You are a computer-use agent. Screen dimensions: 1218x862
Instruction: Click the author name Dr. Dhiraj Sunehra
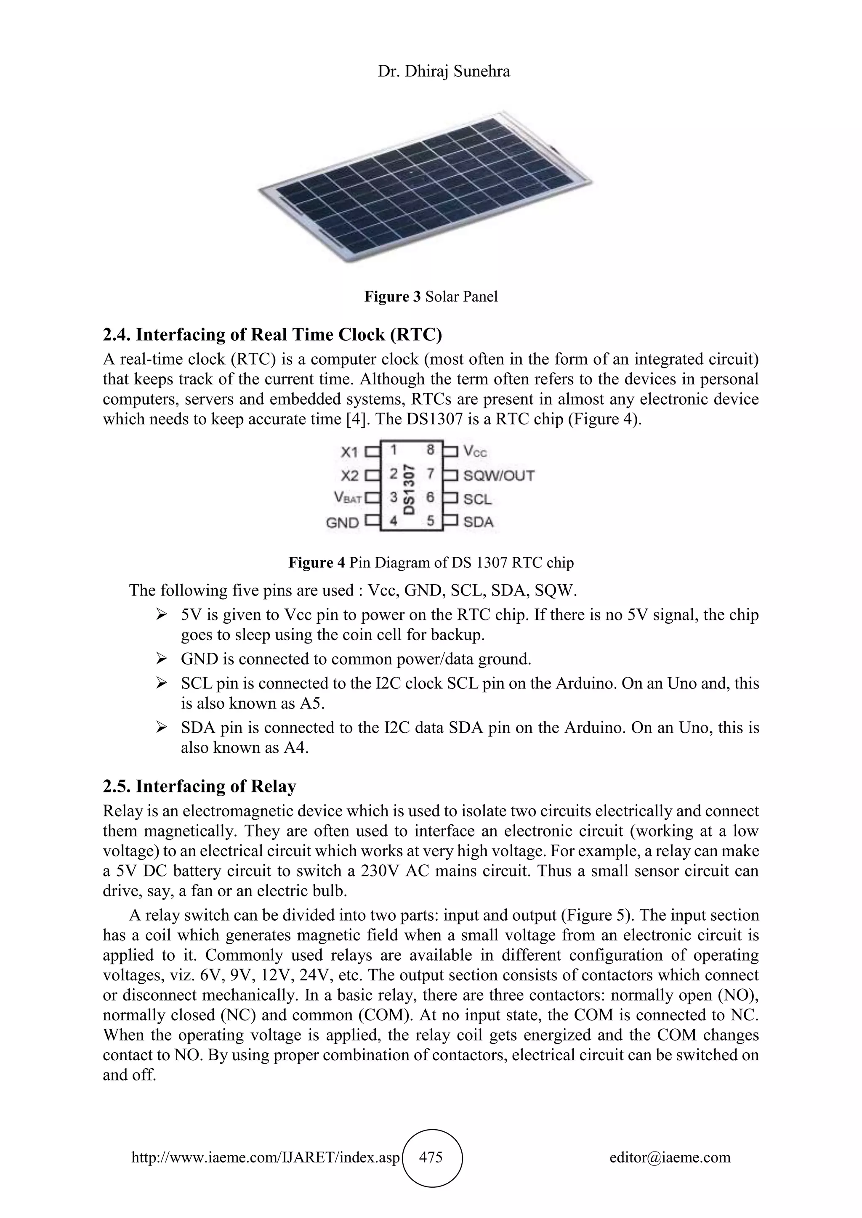[444, 71]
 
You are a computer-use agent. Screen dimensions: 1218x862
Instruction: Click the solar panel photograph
[425, 185]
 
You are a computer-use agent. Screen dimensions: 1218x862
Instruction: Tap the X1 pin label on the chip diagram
[349, 452]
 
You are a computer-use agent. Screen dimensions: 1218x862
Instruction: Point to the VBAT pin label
[348, 498]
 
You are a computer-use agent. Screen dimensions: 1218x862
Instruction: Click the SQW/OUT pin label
[498, 475]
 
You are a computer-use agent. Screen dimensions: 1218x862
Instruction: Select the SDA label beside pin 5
[478, 522]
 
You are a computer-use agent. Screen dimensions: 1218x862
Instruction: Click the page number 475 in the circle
[431, 1157]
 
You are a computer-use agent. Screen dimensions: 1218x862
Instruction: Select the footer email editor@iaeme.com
[670, 1157]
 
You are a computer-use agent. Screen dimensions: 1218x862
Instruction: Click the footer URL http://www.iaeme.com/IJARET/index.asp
[265, 1157]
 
